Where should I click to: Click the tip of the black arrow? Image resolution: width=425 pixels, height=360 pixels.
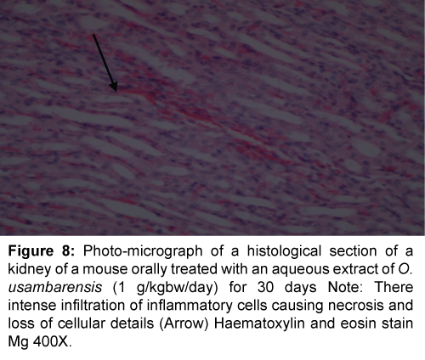coord(116,92)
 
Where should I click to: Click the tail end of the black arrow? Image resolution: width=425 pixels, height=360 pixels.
coord(93,34)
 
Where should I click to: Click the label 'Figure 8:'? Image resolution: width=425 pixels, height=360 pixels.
coord(42,251)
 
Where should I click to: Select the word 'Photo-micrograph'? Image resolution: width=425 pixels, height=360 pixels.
coord(143,251)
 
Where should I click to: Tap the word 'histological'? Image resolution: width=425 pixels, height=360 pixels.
coord(284,251)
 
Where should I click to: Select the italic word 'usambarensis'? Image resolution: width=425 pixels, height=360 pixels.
coord(55,288)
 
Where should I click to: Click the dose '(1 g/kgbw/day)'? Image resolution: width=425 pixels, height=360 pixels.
coord(165,288)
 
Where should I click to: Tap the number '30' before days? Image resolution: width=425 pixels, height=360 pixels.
coord(265,288)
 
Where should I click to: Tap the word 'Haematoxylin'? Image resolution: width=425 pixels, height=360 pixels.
coord(259,324)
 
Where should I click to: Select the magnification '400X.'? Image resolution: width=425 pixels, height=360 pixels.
coord(53,342)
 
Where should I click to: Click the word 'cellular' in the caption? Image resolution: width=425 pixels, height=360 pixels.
coord(82,323)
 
